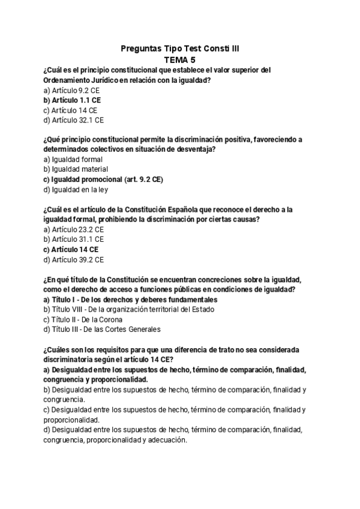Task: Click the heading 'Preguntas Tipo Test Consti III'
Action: [180, 49]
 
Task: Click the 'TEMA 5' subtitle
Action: [180, 59]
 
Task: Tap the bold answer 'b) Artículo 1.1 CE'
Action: [72, 100]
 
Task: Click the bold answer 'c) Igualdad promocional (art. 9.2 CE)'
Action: [103, 179]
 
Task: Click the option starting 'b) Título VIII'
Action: [129, 309]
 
